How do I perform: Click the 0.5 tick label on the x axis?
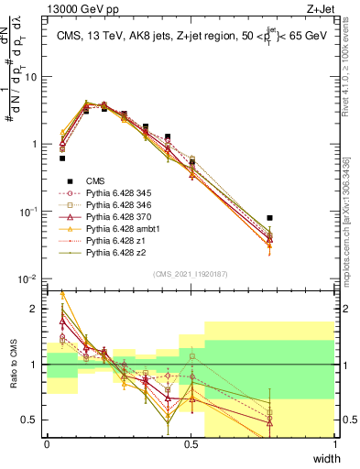tap(191, 444)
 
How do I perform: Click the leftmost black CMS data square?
tap(62, 158)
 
